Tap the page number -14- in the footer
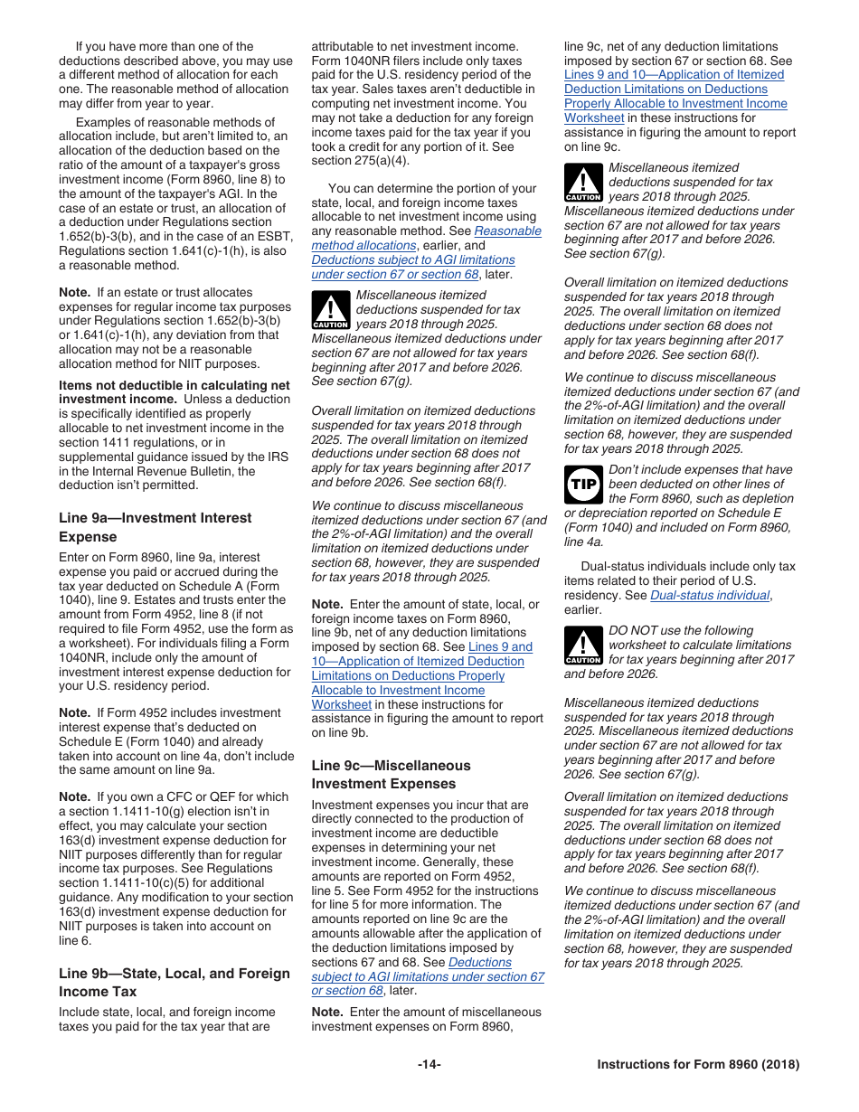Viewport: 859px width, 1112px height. click(x=429, y=1064)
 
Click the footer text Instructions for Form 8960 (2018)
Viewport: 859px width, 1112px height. click(x=698, y=1064)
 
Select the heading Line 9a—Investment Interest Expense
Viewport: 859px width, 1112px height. click(x=156, y=527)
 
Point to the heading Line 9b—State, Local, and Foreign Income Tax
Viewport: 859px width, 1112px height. click(x=175, y=982)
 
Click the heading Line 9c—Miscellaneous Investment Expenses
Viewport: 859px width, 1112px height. click(x=392, y=774)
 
